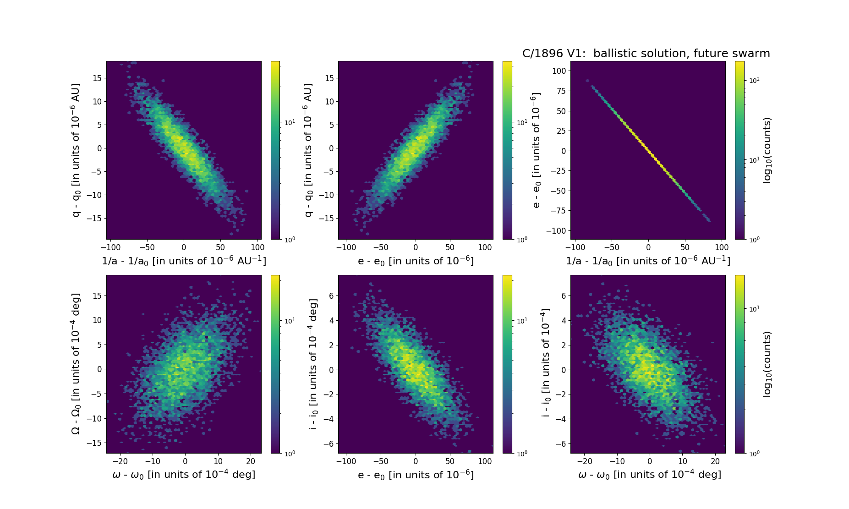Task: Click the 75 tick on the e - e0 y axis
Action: [x=562, y=91]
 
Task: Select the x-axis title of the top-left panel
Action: [x=184, y=261]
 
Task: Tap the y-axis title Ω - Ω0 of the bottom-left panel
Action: [x=76, y=364]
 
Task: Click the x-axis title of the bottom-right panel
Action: [x=649, y=475]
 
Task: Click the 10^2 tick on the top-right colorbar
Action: [x=753, y=80]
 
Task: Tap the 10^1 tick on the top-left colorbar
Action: [x=290, y=122]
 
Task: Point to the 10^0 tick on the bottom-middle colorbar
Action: [x=522, y=453]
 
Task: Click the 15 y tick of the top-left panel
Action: [x=97, y=78]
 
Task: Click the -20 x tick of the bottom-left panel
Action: [x=120, y=461]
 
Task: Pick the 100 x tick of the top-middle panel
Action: [x=485, y=247]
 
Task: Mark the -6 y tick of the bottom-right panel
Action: [x=560, y=443]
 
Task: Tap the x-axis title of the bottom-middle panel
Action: [x=416, y=475]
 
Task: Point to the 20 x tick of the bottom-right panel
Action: [x=716, y=461]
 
